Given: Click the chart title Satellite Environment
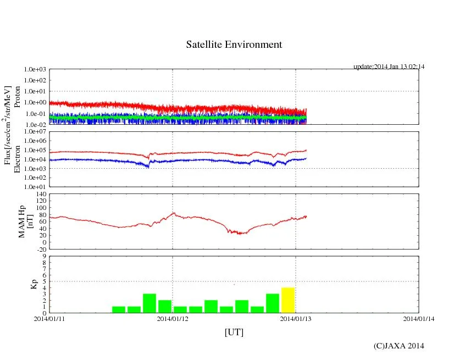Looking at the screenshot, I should point(234,45).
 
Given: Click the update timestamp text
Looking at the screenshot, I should point(389,67).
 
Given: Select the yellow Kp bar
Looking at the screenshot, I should point(288,300).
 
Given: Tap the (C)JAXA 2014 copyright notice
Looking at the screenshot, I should point(398,346).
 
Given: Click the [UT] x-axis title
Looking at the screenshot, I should point(234,332).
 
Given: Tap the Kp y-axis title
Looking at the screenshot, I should point(34,285).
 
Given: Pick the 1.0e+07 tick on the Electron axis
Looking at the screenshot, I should point(36,132).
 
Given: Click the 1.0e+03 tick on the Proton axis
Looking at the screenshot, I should point(36,70).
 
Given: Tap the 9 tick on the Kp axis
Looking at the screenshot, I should point(44,256).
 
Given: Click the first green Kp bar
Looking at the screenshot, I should point(119,309).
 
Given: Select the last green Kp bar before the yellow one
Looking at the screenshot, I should point(273,303).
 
